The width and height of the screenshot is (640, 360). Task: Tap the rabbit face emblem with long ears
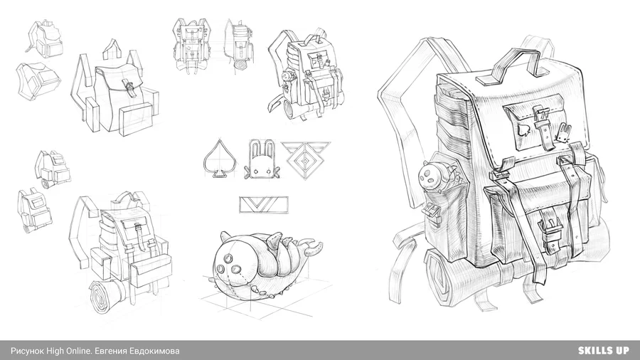pos(262,160)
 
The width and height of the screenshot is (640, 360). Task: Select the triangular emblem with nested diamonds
pos(305,159)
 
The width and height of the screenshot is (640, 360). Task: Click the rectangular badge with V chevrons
pos(264,205)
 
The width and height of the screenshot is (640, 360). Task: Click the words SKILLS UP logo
pos(603,350)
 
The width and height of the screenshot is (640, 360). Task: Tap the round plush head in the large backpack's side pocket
pos(430,176)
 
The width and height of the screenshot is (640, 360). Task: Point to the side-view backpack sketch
pos(241,45)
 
